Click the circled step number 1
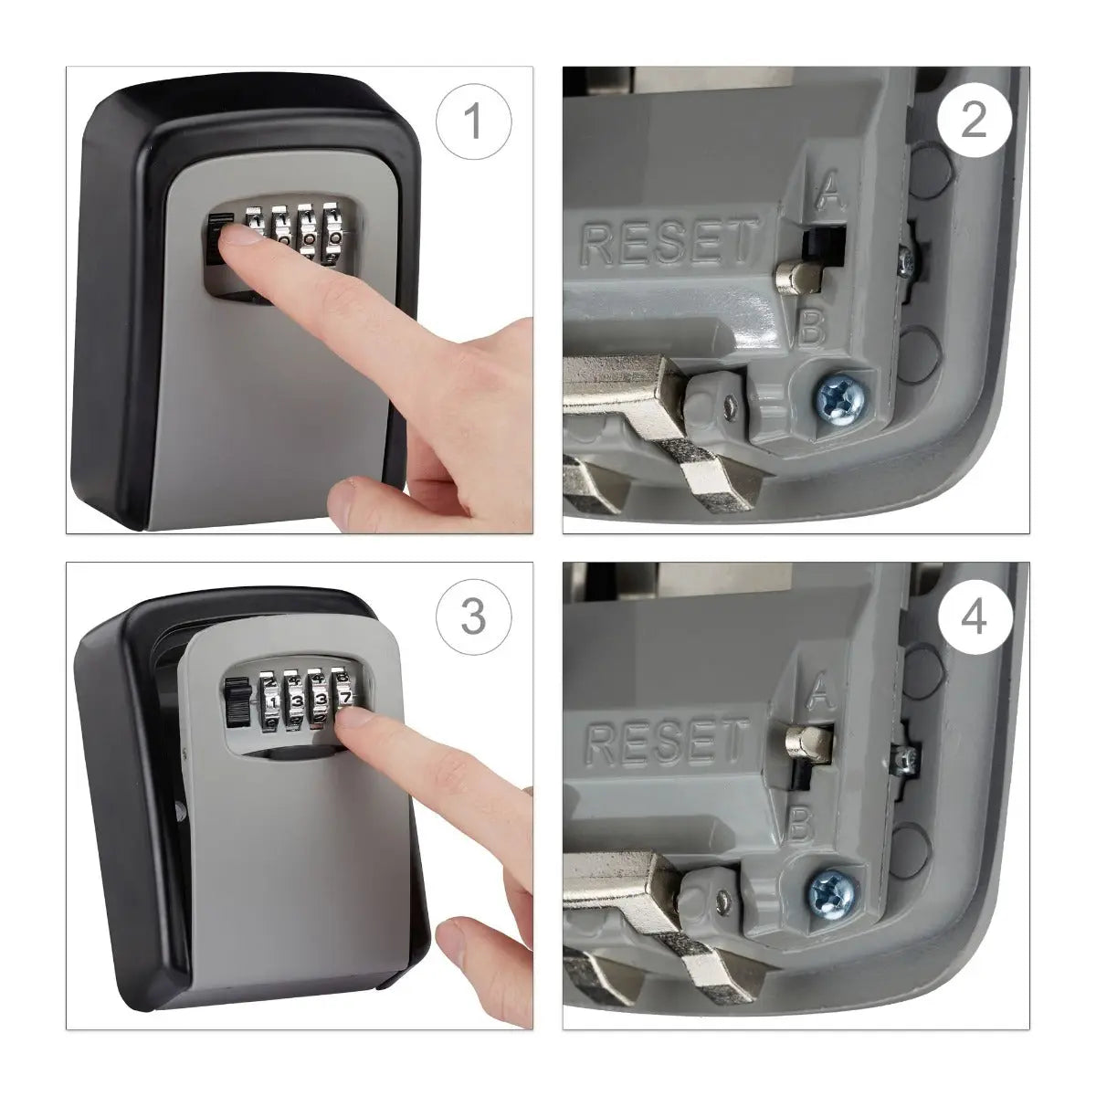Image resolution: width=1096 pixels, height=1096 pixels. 473,121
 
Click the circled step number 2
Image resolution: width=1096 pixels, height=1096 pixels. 975,121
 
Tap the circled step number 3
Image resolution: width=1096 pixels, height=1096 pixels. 473,616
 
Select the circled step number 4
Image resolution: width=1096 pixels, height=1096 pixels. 975,616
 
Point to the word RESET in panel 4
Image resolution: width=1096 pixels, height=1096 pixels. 667,741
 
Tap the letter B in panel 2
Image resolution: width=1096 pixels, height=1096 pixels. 812,328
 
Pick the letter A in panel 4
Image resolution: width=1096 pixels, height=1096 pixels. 819,690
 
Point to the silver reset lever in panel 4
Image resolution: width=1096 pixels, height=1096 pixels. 807,745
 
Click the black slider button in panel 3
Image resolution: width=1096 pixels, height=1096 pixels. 237,703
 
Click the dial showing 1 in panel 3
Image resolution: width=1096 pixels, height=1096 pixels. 272,701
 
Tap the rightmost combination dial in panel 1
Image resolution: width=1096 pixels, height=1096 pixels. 334,233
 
